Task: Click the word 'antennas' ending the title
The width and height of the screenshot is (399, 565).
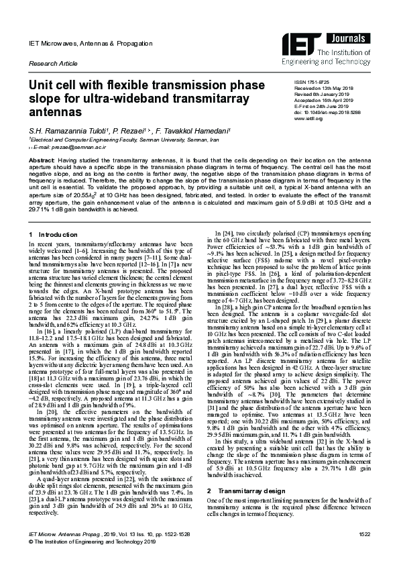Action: [54, 114]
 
